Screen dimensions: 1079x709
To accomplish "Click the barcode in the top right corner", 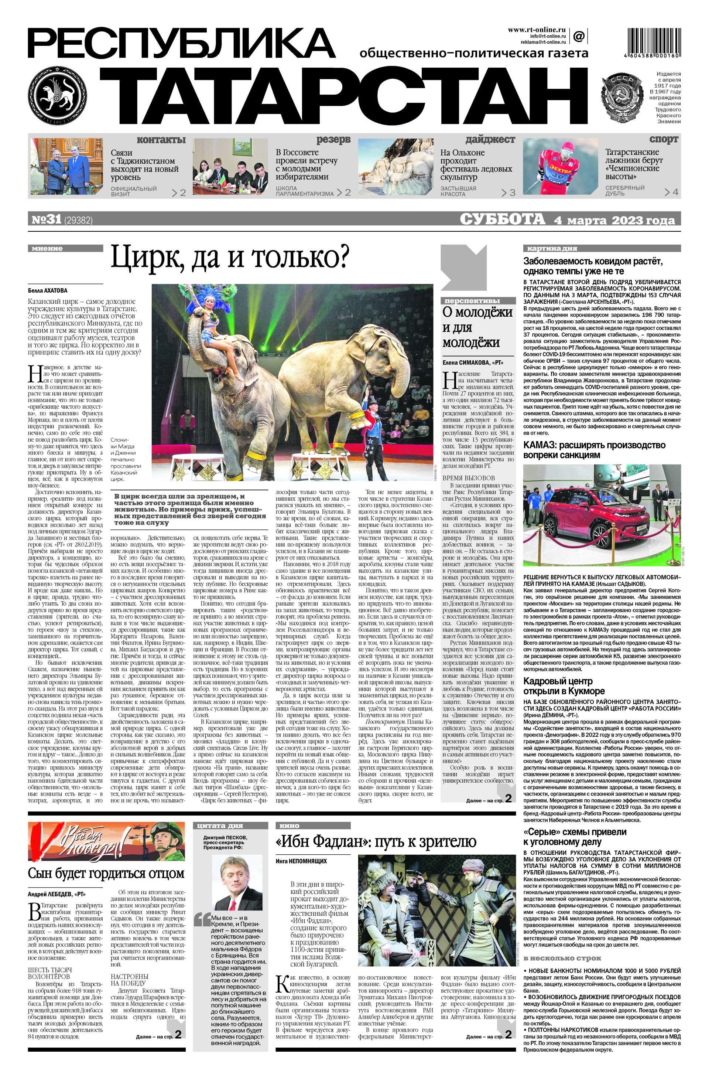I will point(653,42).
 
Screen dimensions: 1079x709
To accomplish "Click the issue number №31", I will point(46,220).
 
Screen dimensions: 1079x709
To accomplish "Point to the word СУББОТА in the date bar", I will point(502,220).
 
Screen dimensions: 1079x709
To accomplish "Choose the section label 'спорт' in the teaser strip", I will point(663,139).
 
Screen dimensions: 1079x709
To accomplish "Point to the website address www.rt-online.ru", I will point(537,30).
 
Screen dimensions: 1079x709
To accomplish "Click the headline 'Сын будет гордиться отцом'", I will point(106,873).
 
